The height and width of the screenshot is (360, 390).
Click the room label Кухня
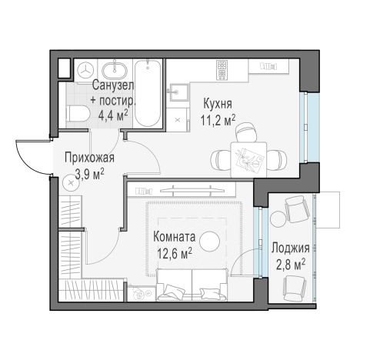coord(218,104)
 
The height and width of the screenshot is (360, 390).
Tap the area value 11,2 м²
coord(218,120)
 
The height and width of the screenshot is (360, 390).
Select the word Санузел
coord(113,85)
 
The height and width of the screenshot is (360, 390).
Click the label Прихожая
coord(89,158)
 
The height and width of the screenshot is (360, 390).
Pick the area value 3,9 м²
coord(90,175)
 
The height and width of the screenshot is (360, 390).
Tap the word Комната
coord(174,237)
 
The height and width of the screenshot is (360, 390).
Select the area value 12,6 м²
coord(175,254)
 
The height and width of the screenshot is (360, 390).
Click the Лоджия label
coord(291,248)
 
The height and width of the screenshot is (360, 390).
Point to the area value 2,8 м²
coord(291,265)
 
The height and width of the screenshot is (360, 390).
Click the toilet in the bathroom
coord(77,114)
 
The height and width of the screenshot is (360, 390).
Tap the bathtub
coord(148,93)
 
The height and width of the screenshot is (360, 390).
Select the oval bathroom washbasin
coord(115,71)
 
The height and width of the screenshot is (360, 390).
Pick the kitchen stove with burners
coord(222,70)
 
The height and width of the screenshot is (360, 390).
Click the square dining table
coord(248,160)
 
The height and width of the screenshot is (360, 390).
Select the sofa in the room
coord(192,285)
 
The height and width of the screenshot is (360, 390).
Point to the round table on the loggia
coord(278,218)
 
